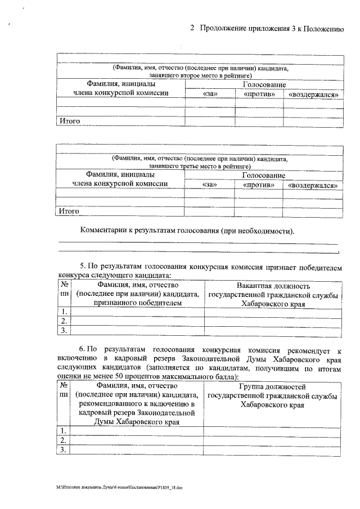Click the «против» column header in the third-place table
259,184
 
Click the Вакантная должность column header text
273,285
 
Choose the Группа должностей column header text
272,387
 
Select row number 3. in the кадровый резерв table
64,449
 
